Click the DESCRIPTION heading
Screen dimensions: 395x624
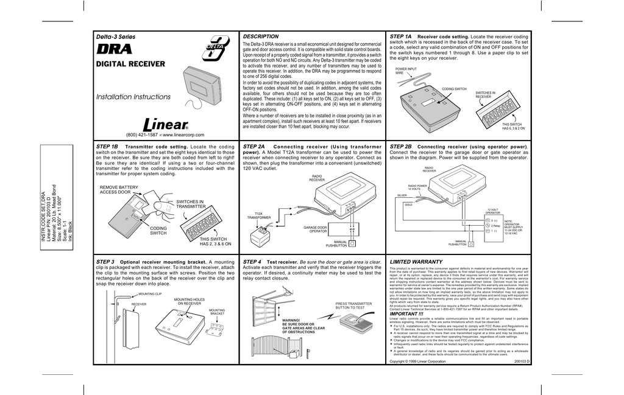tap(260, 37)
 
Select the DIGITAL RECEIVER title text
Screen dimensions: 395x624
tap(130, 64)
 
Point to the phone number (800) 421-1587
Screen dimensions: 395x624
tap(140, 135)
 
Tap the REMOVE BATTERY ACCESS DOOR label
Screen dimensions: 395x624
tap(119, 190)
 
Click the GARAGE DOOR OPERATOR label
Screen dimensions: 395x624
tap(315, 229)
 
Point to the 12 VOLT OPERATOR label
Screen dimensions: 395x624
tap(493, 211)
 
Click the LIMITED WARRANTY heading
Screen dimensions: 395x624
tap(416, 261)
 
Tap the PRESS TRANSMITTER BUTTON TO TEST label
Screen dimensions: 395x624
tap(353, 306)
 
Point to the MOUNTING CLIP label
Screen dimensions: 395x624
tap(149, 293)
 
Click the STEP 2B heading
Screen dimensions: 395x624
tap(400, 147)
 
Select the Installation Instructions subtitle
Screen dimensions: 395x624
tap(134, 97)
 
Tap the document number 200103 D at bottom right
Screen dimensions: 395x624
tap(522, 362)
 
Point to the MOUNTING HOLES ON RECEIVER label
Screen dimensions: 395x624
tap(190, 301)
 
